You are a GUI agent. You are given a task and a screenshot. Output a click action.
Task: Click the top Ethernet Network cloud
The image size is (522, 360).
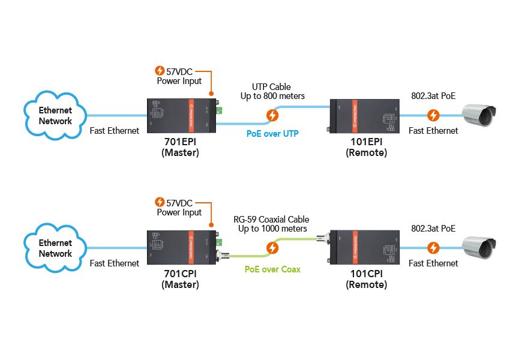(55, 115)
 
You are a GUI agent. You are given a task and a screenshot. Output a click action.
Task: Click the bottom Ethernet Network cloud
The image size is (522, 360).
(55, 248)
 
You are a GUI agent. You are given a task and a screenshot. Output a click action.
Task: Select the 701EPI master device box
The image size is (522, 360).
(182, 115)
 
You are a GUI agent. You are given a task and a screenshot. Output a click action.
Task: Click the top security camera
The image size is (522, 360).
(480, 115)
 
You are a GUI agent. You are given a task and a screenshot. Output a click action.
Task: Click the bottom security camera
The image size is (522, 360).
(480, 248)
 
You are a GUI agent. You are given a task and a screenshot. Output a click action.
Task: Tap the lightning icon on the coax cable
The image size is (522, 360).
(272, 247)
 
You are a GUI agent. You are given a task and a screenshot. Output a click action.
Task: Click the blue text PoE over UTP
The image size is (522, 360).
(272, 133)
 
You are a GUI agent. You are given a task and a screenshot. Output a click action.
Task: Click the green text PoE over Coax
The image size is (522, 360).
(272, 269)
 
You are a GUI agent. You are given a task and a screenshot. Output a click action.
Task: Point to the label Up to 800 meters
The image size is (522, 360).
(272, 96)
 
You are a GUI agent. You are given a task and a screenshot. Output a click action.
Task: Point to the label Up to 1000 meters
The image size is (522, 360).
(272, 229)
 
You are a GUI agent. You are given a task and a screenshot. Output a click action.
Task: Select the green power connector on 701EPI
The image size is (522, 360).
(219, 110)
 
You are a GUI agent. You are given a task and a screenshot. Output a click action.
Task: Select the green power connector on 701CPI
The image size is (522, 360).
(219, 242)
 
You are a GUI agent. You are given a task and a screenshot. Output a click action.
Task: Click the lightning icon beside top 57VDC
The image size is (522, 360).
(160, 70)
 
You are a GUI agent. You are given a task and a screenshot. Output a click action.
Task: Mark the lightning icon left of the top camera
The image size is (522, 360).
(433, 115)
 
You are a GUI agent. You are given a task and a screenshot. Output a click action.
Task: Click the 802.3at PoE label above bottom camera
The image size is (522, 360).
(433, 228)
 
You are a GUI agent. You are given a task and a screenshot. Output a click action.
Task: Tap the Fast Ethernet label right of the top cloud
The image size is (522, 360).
(114, 130)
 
